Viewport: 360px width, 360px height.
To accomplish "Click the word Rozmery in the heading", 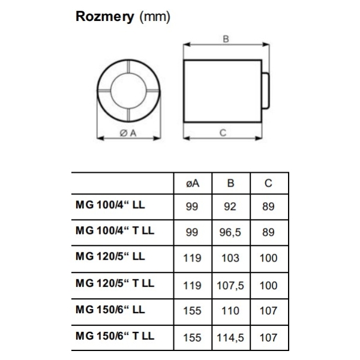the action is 105,17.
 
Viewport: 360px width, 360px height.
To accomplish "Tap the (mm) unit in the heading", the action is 155,17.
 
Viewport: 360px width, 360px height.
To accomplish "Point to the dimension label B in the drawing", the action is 226,39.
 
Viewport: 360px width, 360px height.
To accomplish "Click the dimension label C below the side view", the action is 223,133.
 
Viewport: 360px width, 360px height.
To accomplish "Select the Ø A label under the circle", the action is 128,133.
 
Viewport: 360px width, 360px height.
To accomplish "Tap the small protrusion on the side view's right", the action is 265,91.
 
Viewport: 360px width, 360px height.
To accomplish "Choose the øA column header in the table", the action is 193,183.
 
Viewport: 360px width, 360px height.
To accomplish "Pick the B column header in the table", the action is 230,183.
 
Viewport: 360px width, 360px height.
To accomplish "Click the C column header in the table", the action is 268,183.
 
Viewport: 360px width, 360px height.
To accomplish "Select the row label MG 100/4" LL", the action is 110,205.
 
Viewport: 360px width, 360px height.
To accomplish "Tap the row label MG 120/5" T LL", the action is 115,283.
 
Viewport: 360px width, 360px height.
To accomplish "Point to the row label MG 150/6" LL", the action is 110,310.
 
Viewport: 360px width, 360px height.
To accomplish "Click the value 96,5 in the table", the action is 230,232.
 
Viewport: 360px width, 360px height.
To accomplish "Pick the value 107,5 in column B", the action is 230,286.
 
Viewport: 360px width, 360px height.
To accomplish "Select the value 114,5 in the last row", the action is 230,338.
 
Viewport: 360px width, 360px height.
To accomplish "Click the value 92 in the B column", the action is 230,206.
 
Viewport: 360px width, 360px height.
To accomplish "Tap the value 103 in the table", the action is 230,258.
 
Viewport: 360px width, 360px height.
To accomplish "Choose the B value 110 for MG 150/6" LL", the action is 230,311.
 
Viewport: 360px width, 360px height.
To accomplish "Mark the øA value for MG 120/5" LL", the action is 192,258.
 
